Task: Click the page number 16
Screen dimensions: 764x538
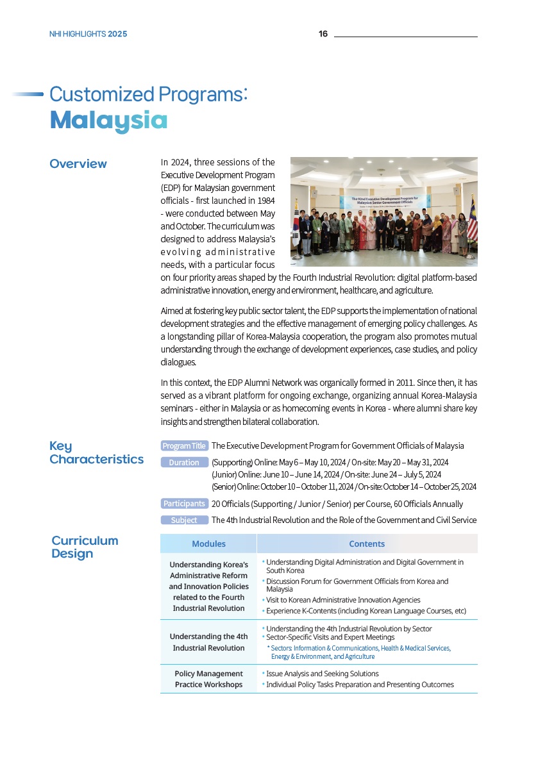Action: [x=323, y=34]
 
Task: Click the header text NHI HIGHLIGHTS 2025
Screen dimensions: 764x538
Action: [x=88, y=34]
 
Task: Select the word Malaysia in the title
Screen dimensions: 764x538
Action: [x=108, y=120]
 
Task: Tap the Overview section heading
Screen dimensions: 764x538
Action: [x=78, y=163]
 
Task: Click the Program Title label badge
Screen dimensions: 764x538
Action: [x=184, y=445]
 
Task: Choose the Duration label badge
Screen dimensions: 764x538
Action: [x=184, y=462]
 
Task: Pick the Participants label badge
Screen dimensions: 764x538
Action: [x=184, y=504]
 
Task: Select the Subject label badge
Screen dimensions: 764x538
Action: [x=184, y=520]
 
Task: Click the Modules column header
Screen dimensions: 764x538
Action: [x=208, y=544]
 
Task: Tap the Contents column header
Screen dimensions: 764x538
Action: [x=367, y=544]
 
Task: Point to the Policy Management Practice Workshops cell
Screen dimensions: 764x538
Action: [x=208, y=679]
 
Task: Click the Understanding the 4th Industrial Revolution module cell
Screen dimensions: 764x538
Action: [x=208, y=642]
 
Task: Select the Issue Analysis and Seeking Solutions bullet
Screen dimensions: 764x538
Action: [x=322, y=674]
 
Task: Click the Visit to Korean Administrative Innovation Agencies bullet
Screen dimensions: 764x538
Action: [x=343, y=600]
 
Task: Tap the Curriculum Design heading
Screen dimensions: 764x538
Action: [x=85, y=547]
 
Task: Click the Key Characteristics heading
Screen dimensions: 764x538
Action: [x=96, y=453]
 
